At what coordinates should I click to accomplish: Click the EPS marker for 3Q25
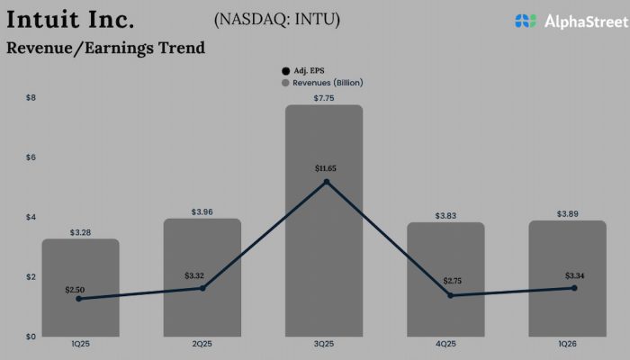326,182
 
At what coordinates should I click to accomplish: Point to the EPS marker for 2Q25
202,288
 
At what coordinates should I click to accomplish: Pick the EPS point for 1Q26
573,288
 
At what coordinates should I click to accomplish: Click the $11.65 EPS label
325,168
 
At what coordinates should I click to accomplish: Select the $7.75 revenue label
325,97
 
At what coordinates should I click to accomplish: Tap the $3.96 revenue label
202,211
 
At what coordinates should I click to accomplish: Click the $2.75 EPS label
450,282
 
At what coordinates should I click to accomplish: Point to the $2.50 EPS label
76,289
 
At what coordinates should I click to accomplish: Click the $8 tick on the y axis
31,97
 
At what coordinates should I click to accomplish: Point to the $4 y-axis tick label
31,217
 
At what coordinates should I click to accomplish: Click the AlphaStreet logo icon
526,20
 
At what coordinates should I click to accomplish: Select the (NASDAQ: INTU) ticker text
278,19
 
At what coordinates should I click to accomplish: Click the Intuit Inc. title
71,18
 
